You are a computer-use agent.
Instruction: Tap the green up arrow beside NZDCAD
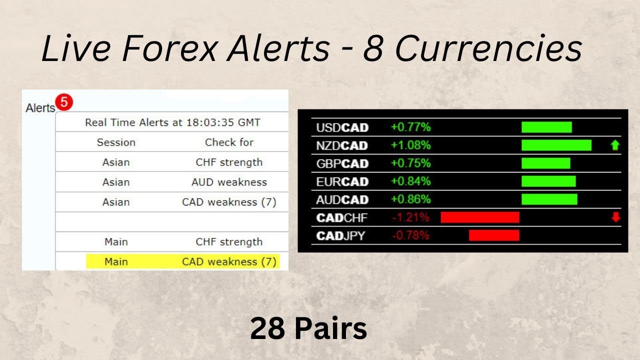point(615,145)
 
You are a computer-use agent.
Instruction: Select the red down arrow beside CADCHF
point(615,217)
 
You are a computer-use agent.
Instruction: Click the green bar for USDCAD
point(546,127)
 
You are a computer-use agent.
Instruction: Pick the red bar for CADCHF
point(480,217)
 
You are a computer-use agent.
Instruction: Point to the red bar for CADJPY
point(494,235)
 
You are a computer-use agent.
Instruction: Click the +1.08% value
point(410,145)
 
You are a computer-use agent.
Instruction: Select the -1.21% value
point(410,217)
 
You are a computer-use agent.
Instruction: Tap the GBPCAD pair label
point(342,163)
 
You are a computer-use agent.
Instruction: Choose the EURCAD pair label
point(342,181)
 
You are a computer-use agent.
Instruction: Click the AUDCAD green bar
point(549,199)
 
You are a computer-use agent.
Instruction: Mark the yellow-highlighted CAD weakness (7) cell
point(229,261)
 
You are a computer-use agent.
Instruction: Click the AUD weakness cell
point(229,182)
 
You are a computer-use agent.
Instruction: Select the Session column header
point(116,142)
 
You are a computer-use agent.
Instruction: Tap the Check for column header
point(229,142)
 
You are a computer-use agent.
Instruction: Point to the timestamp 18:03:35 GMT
point(222,122)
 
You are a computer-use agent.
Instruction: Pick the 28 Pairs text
point(308,329)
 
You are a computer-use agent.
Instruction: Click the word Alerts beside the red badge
point(40,108)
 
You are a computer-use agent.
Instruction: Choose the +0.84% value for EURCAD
point(410,181)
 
